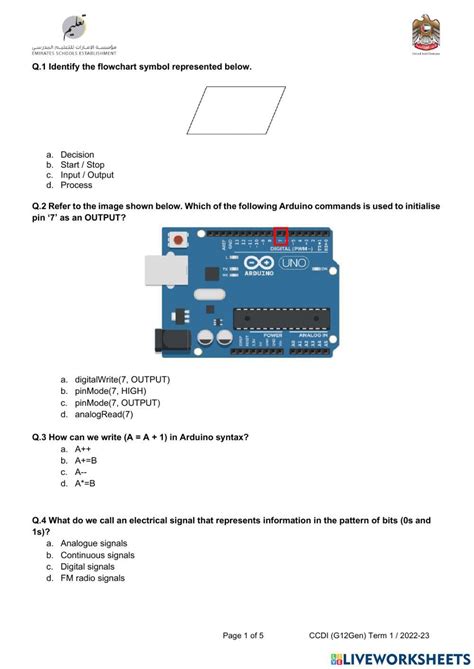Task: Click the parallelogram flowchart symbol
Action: (x=236, y=110)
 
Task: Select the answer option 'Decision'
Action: (x=77, y=155)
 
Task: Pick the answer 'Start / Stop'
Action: (x=82, y=165)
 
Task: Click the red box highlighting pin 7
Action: (x=281, y=236)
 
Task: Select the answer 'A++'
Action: (x=84, y=450)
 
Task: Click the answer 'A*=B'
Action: (x=86, y=483)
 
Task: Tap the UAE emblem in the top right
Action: (x=424, y=35)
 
